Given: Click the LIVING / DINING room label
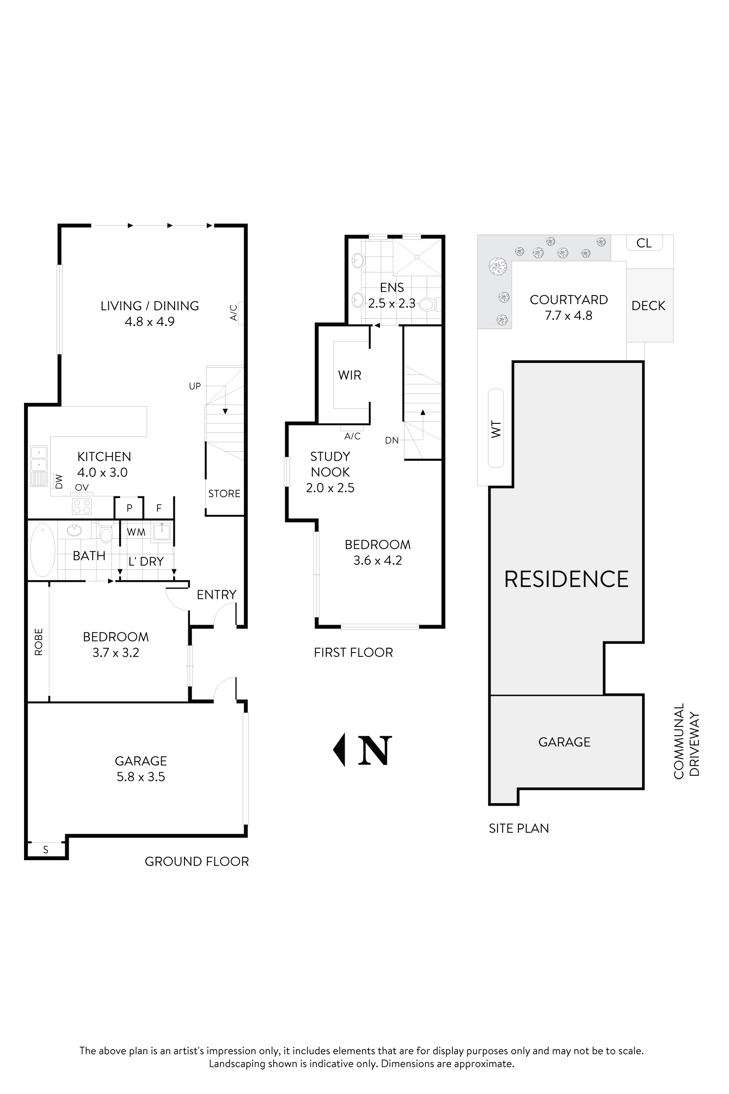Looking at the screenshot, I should tap(150, 305).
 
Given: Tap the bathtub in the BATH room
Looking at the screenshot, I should tap(43, 550).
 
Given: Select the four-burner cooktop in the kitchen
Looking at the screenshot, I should tap(82, 507).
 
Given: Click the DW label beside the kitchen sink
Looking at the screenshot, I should tap(59, 481).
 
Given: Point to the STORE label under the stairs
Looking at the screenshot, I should tap(224, 493).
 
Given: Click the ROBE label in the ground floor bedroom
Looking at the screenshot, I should tap(39, 642).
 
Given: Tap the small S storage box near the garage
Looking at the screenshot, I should tap(45, 850).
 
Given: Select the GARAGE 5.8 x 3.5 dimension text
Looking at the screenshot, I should tap(141, 777).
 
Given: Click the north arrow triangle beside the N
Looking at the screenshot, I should tap(339, 749).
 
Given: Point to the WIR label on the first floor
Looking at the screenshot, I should tap(349, 375).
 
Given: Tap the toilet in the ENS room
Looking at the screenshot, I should tap(427, 305).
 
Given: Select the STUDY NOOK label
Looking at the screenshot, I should tap(330, 464).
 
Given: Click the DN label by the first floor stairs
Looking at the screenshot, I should tap(392, 440).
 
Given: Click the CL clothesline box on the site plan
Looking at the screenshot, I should tap(644, 243).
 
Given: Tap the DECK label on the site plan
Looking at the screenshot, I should tap(648, 305).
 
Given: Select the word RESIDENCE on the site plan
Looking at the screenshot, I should tap(566, 579).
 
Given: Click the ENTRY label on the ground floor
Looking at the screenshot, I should tap(216, 595).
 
